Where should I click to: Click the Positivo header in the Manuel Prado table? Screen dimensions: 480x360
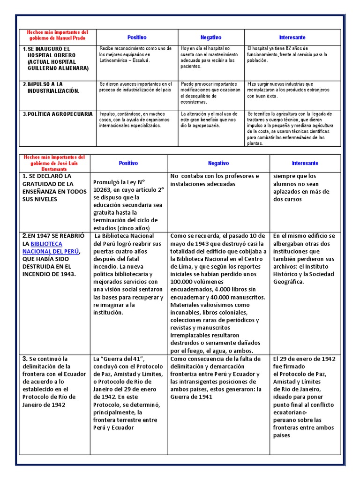tap(137, 37)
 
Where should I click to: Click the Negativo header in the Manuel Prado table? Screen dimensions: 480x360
tap(211, 37)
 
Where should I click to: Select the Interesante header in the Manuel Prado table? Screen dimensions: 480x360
tap(292, 37)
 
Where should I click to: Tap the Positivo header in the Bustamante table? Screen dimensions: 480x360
tap(128, 163)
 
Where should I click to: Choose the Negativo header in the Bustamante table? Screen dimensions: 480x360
tap(218, 163)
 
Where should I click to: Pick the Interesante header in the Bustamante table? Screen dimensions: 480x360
tap(305, 163)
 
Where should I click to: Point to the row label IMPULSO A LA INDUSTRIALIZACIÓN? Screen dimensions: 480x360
tap(53, 88)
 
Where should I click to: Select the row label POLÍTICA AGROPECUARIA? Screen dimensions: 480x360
tap(58, 114)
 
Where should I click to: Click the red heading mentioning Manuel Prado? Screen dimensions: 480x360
tap(57, 35)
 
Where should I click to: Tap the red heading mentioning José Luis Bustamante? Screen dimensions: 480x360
tap(54, 162)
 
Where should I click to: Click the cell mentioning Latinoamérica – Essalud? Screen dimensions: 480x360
tap(135, 55)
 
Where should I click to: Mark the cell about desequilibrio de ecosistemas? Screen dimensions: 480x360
tap(210, 93)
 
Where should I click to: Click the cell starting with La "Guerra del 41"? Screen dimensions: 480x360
tap(128, 393)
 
